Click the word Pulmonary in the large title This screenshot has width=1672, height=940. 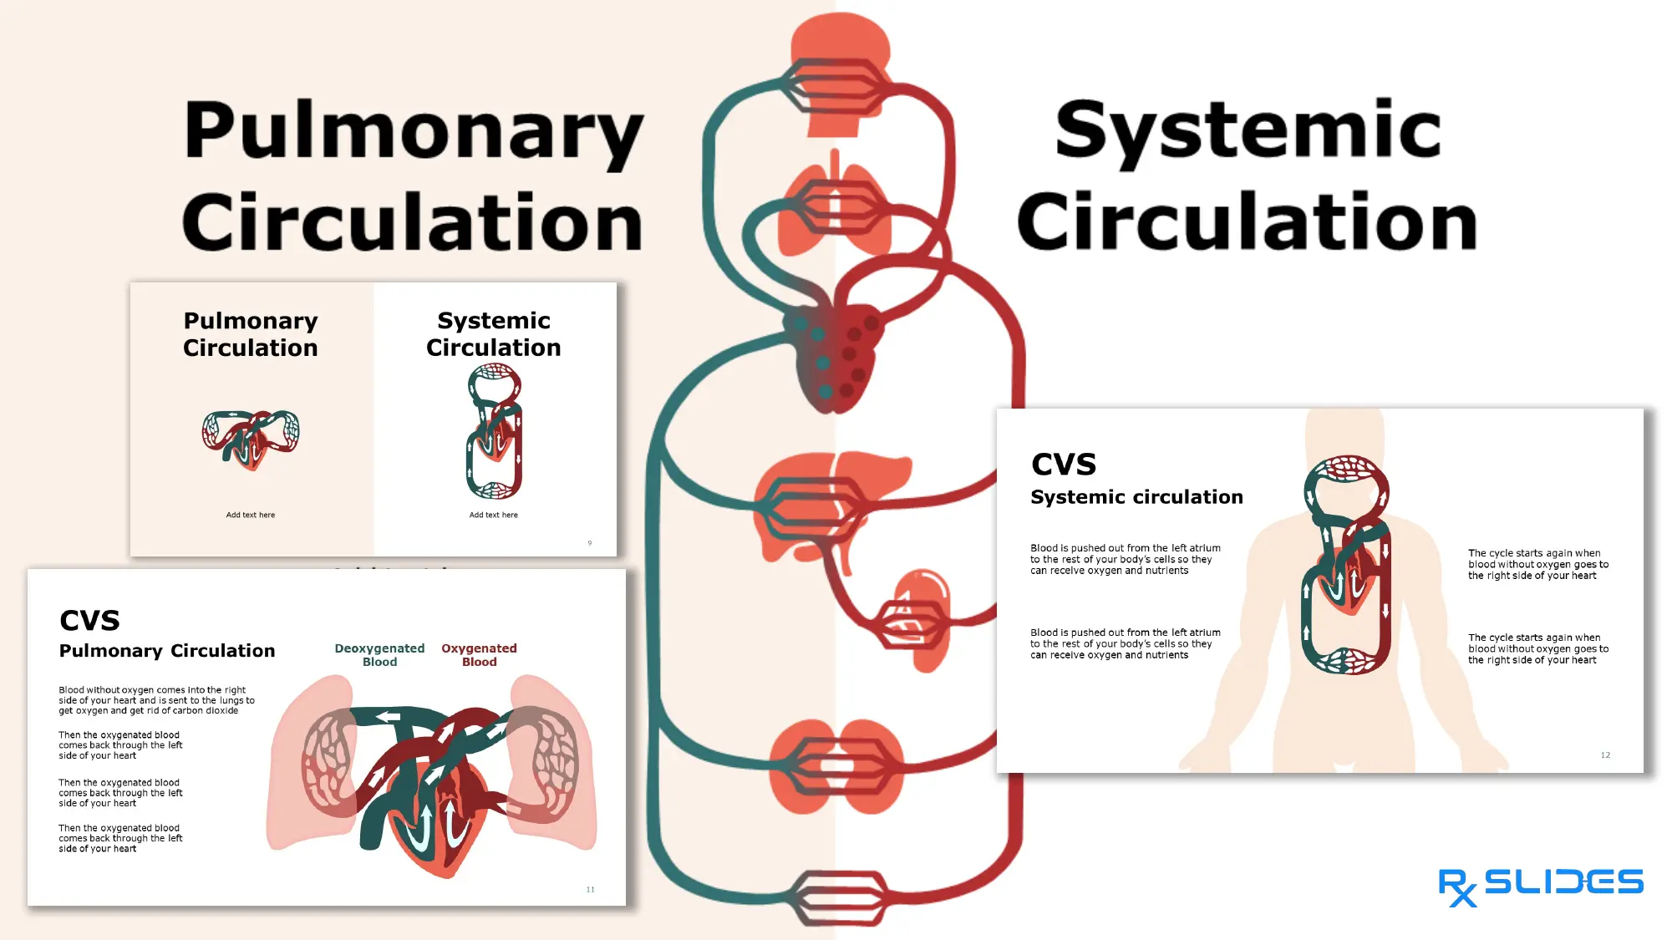pyautogui.click(x=414, y=131)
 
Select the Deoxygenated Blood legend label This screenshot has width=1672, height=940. pyautogui.click(x=379, y=654)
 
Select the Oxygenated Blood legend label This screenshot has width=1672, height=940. pyautogui.click(x=479, y=654)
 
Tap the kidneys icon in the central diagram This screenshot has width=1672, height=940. pyautogui.click(x=836, y=767)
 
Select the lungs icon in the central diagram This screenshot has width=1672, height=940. pyautogui.click(x=836, y=209)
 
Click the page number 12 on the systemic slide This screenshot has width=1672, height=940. pyautogui.click(x=1605, y=755)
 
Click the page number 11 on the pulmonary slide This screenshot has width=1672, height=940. pyautogui.click(x=590, y=889)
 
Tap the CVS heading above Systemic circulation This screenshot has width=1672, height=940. pyautogui.click(x=1064, y=464)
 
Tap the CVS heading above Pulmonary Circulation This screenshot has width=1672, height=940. pyautogui.click(x=89, y=620)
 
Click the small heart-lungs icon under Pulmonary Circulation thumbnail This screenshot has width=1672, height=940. pyautogui.click(x=251, y=439)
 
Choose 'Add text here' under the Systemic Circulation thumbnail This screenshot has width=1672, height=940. pyautogui.click(x=493, y=515)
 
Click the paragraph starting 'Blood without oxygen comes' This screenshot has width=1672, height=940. pyautogui.click(x=156, y=700)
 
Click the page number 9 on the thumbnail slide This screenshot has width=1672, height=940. pyautogui.click(x=590, y=543)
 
